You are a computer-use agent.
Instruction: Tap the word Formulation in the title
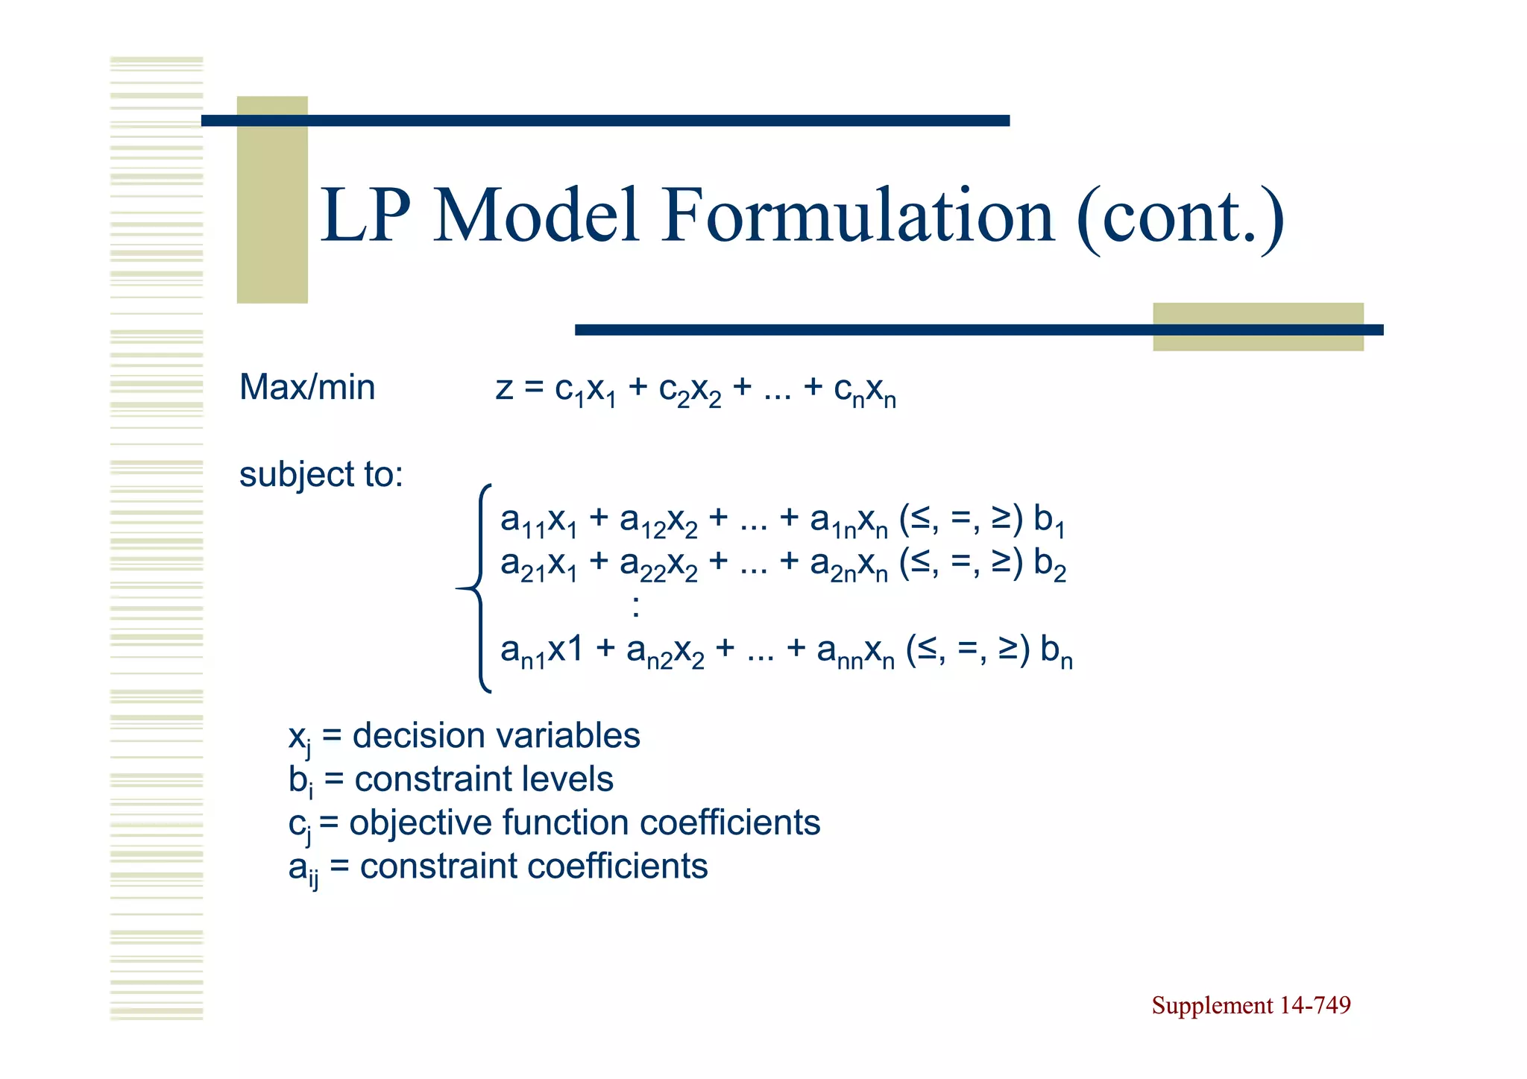click(x=857, y=216)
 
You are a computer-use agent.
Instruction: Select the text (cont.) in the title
click(x=1180, y=218)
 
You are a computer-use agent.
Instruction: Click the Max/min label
click(x=307, y=388)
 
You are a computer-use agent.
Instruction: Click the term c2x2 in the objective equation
click(x=690, y=391)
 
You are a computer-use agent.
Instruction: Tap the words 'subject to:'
click(x=321, y=475)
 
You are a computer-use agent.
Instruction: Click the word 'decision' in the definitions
click(x=418, y=736)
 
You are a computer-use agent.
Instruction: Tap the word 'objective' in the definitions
click(x=421, y=823)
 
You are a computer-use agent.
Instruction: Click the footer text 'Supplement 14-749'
click(x=1250, y=1005)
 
